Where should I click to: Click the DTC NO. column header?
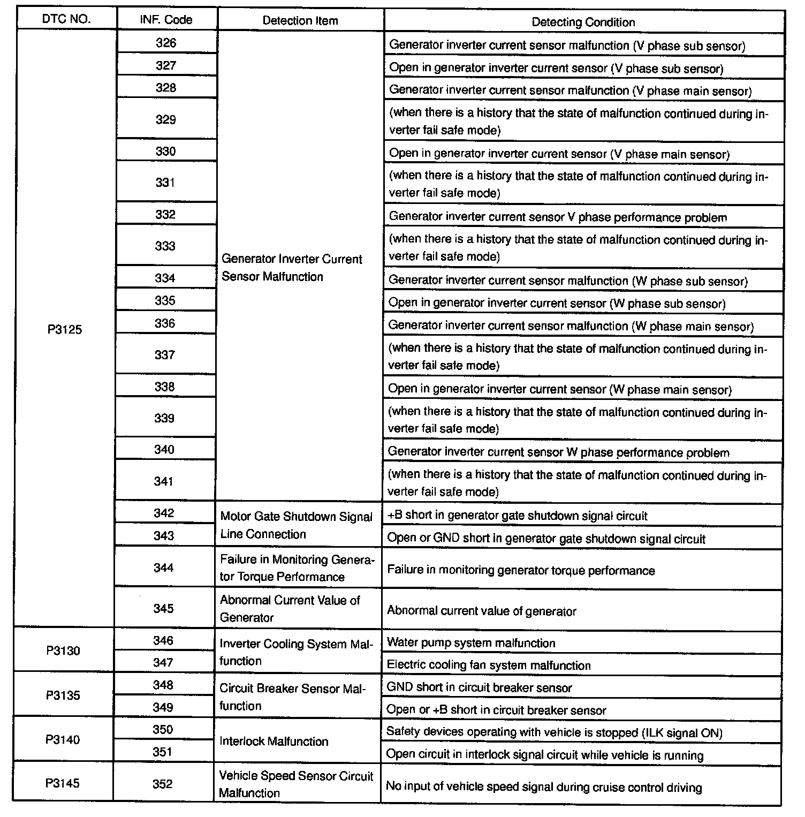[66, 19]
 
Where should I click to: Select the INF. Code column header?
[166, 20]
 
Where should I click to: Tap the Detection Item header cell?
[300, 21]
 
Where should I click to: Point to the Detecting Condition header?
[583, 22]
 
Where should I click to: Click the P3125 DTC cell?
[65, 329]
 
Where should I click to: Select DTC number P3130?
[63, 650]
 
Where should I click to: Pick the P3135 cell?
[63, 695]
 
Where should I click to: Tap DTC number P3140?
[63, 739]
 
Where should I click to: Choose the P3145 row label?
[63, 783]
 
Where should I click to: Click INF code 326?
[166, 43]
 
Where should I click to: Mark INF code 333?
[165, 246]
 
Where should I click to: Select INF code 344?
[163, 568]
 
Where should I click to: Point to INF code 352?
[163, 784]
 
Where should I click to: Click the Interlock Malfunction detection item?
[274, 741]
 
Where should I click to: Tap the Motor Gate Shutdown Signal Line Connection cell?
[297, 525]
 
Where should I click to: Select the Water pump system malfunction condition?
[471, 642]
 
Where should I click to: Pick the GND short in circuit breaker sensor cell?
[479, 687]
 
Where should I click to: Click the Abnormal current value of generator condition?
[482, 611]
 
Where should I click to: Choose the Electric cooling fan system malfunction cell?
[489, 665]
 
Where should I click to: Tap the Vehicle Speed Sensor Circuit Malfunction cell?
[296, 784]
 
